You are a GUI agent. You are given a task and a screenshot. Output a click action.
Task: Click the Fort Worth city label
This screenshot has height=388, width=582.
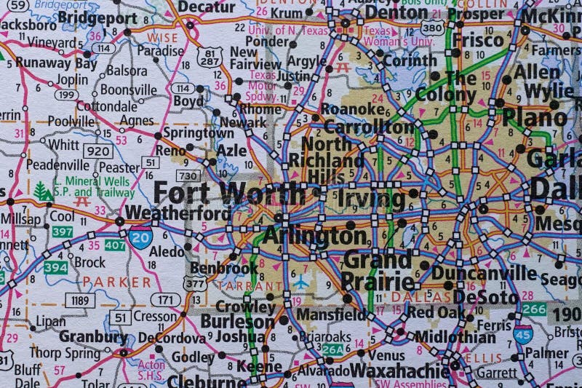230,194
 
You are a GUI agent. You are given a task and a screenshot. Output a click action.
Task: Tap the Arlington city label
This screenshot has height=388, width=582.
314,236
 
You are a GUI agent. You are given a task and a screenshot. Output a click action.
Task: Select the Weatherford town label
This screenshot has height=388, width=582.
167,212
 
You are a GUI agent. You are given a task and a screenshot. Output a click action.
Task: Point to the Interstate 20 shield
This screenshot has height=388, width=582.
140,237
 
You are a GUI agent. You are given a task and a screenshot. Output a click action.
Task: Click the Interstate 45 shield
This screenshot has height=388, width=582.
522,333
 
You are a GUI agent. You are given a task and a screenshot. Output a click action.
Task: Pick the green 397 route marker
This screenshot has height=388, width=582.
63,231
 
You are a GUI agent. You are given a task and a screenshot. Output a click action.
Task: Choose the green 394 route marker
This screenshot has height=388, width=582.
55,267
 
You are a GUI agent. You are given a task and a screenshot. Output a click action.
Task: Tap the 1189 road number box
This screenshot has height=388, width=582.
80,299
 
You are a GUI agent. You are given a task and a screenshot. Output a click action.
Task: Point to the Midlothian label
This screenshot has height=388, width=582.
455,337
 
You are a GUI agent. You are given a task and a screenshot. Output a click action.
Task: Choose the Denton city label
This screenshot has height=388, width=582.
396,12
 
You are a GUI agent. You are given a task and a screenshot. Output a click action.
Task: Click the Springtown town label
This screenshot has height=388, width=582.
198,133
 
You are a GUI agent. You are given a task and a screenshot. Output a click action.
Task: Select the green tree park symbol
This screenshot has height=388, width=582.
43,191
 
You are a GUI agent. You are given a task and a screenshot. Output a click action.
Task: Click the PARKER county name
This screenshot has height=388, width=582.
116,281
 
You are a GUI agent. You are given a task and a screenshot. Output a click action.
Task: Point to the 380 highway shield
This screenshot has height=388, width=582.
432,28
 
